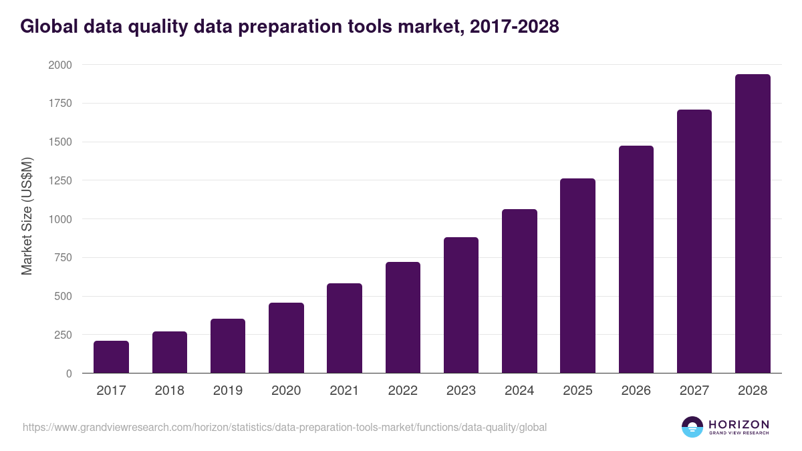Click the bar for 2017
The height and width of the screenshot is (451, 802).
point(111,357)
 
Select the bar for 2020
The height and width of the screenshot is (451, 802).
point(286,338)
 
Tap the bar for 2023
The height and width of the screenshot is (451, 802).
point(461,305)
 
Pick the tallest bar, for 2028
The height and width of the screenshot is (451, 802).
point(753,224)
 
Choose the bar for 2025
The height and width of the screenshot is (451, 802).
point(577,276)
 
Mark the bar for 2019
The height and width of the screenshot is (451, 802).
point(228,346)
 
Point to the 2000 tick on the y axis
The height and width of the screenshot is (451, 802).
point(59,65)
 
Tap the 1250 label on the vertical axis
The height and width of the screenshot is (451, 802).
point(59,180)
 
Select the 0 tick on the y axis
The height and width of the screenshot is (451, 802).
point(69,373)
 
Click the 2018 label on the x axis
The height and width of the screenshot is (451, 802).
point(170,390)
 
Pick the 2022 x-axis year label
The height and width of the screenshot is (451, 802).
point(403,390)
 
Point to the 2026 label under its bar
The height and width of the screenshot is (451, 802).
point(636,390)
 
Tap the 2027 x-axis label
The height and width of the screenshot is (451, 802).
point(694,390)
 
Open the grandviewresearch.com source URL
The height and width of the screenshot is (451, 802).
point(285,427)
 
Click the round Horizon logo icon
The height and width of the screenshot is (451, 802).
point(692,427)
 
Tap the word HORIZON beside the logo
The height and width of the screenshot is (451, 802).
point(739,424)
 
